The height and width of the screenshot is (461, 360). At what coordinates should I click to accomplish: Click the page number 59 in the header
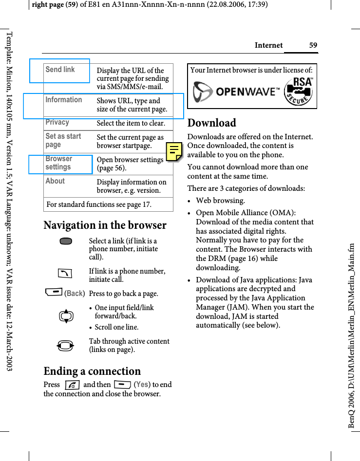point(313,45)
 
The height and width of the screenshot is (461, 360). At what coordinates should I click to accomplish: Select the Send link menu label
point(60,70)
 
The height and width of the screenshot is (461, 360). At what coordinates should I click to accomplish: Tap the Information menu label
point(64,100)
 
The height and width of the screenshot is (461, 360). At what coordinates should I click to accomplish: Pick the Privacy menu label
point(57,123)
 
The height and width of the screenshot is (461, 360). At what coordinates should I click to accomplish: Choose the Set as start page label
point(63,140)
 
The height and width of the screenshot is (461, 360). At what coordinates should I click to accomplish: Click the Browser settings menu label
point(59,163)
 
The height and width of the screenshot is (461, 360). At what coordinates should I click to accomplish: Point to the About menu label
point(55,181)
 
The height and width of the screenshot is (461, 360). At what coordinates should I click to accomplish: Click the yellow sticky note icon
point(174,152)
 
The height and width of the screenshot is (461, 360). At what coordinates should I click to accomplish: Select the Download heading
point(212,123)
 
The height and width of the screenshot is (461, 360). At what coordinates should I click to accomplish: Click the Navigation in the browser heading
point(105,225)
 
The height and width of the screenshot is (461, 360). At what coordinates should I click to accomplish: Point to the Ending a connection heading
point(92,371)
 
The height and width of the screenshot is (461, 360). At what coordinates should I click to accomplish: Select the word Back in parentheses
point(75,294)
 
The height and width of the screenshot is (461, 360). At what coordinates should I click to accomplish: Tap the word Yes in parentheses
point(142,385)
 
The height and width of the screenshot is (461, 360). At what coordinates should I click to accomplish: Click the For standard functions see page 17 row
point(99,204)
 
